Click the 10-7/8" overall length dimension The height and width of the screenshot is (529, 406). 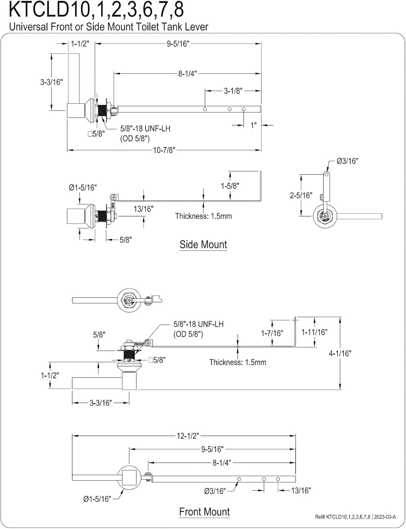[164, 150]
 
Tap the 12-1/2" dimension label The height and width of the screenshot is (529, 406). [188, 436]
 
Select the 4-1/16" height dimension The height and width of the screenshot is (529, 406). [340, 353]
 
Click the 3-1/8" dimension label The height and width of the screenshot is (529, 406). [233, 91]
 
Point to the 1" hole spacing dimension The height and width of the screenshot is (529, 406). [254, 125]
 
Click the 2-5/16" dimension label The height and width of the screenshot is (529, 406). [301, 195]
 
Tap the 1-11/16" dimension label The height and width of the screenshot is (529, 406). [314, 332]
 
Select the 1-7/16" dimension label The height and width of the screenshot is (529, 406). [272, 333]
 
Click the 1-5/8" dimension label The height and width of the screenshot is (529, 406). [230, 186]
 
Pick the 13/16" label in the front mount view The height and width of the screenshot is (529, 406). [301, 490]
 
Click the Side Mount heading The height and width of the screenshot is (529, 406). [203, 244]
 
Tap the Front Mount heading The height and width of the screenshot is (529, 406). [204, 512]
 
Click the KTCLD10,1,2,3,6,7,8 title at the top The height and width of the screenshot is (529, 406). [96, 10]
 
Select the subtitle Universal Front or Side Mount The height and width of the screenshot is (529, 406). [109, 27]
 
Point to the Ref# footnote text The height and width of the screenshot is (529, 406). [355, 517]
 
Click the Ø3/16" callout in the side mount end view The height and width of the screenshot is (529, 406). [347, 161]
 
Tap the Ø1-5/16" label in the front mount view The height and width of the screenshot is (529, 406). [97, 499]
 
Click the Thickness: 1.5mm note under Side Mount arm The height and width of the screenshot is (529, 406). [204, 216]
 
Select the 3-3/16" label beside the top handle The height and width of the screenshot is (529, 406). [51, 82]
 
